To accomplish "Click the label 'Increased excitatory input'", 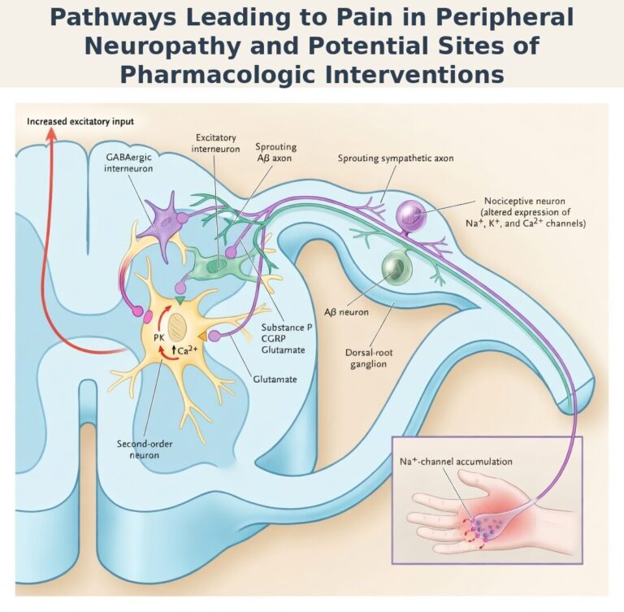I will point(80,122).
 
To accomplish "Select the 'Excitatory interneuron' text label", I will point(215,144).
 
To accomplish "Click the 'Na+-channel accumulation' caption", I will point(456,461).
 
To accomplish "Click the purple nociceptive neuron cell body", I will point(411,215).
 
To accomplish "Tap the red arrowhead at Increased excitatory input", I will point(51,135).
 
